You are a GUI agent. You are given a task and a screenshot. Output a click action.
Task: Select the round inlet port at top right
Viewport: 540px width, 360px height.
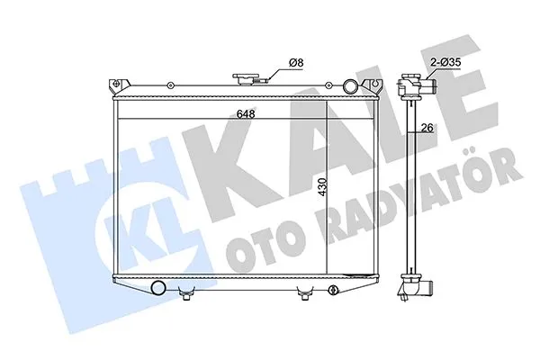click(352, 86)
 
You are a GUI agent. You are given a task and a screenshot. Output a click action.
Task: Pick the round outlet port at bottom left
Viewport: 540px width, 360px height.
click(159, 288)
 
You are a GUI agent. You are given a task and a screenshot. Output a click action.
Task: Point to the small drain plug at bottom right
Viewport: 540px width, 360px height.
click(333, 290)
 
